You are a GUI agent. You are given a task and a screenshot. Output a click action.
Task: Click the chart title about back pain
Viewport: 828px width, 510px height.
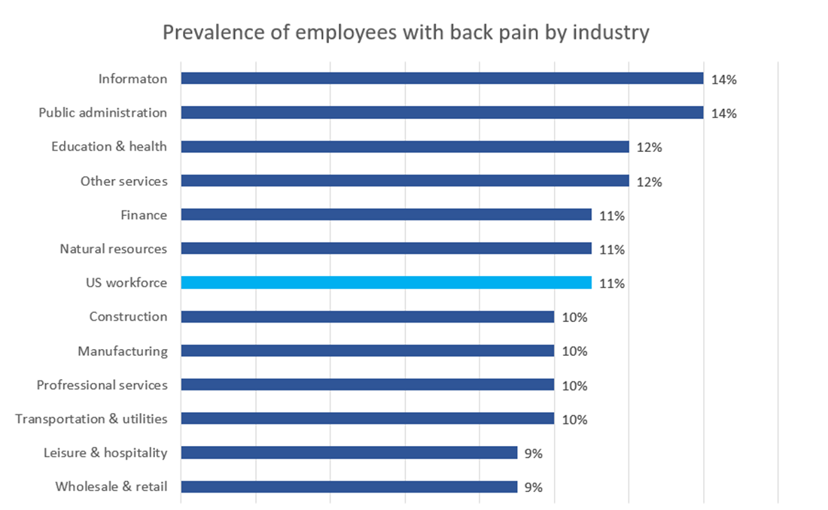point(406,34)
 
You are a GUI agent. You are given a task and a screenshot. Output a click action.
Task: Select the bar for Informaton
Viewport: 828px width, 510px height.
point(442,78)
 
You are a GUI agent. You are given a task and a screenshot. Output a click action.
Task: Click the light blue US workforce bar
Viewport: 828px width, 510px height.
point(386,283)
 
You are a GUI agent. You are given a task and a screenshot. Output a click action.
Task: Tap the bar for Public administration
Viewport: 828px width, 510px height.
point(442,113)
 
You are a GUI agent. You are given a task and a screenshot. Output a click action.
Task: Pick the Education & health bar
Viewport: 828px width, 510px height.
point(405,147)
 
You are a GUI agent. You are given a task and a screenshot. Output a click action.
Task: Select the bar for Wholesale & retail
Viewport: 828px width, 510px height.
point(349,487)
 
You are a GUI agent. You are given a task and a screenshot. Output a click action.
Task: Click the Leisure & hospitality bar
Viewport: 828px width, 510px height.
point(349,453)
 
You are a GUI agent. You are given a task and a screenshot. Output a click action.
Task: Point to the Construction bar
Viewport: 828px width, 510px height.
point(367,317)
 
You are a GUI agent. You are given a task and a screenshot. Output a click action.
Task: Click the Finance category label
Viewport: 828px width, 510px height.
point(144,215)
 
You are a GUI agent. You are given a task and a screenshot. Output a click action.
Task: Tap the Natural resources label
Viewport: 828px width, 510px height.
point(114,249)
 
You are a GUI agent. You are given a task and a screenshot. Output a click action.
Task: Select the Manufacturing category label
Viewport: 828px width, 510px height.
point(123,351)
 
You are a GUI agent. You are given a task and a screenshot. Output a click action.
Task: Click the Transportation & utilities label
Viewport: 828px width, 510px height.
point(92,419)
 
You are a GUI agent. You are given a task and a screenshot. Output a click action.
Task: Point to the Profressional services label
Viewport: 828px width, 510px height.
point(102,385)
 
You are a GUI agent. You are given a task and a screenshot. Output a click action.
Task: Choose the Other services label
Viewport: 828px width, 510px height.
point(124,181)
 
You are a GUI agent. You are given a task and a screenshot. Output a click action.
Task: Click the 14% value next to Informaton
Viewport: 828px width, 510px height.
point(723,79)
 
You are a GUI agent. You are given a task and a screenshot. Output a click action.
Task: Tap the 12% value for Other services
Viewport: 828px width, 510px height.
point(649,181)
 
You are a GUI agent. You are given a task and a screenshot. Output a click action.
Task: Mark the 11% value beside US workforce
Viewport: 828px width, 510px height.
point(612,284)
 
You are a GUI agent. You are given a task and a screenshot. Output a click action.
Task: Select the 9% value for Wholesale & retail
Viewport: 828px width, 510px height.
point(534,487)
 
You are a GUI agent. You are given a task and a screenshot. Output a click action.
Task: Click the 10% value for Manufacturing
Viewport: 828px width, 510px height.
point(574,351)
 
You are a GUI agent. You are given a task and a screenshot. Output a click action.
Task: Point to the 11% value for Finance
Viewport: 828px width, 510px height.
point(612,216)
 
